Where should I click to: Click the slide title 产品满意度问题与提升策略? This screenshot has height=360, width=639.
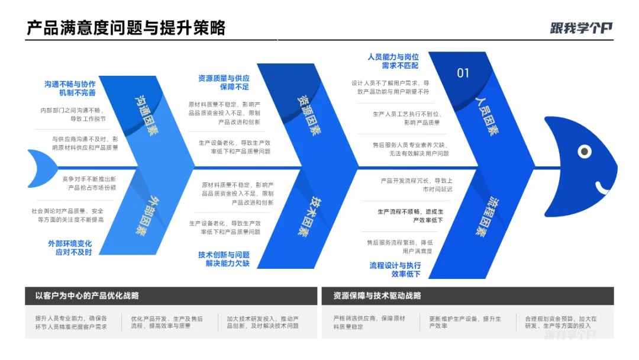[126, 27]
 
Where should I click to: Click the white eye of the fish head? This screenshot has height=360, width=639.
[585, 152]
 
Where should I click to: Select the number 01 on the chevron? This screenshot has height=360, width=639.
[463, 73]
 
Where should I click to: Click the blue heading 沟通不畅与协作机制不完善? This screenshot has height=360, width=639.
[70, 88]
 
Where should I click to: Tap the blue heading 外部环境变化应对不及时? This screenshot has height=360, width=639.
[70, 247]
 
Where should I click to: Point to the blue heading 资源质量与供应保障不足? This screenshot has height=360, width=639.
[224, 82]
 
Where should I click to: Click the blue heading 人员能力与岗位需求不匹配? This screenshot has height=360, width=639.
[393, 61]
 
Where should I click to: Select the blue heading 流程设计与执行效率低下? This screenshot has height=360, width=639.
[395, 270]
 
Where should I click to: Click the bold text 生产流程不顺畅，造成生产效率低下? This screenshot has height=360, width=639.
[410, 216]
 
